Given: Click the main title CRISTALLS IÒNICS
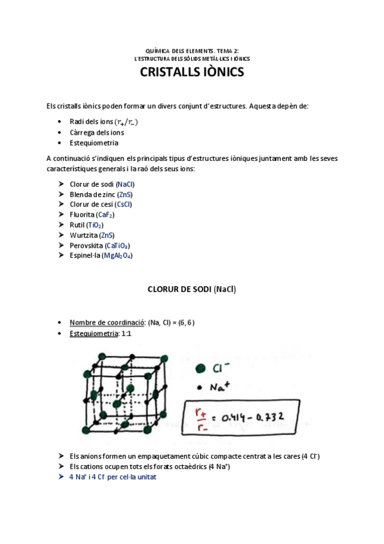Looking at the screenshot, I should [192, 73].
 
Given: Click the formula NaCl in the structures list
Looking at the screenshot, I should [126, 184].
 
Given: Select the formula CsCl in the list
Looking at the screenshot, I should [124, 205].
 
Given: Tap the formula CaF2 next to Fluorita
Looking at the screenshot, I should [106, 215].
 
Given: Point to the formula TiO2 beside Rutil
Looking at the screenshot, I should [95, 225].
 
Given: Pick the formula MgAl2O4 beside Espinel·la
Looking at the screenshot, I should [118, 256].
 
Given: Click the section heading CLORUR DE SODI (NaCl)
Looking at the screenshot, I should [192, 289].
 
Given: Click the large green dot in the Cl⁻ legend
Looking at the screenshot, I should [201, 368].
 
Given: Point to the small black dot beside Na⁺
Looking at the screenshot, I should [201, 387].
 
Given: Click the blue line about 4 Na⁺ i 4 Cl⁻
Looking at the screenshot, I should [113, 477].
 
